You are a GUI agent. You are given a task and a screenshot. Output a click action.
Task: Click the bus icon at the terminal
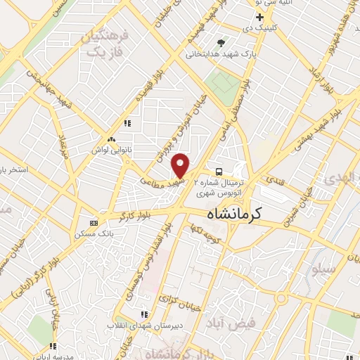coord(219,172)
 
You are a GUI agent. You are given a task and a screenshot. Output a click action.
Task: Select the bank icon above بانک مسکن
coord(95,223)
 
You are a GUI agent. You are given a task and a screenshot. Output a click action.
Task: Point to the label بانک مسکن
coord(94,233)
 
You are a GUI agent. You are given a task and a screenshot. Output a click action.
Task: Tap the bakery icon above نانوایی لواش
coord(110,140)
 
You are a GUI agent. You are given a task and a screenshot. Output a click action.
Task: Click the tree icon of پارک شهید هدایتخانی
coord(222,42)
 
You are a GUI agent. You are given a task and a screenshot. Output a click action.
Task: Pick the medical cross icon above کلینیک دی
coord(259,16)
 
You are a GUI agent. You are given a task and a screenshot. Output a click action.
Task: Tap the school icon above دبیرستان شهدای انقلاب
coord(144,314)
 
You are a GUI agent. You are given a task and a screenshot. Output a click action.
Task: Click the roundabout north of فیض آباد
coord(281,298)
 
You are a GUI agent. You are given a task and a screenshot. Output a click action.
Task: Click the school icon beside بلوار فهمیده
coord(127,124)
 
